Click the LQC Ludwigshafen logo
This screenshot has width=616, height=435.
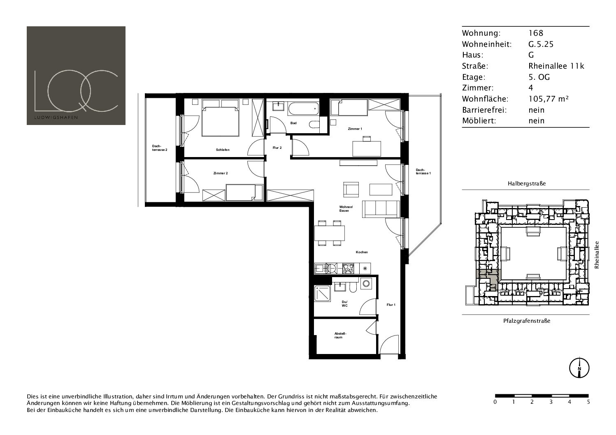76,76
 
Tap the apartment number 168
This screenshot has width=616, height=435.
536,33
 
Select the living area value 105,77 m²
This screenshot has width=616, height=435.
549,99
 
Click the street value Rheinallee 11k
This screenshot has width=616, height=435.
556,66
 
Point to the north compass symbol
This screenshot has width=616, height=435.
579,368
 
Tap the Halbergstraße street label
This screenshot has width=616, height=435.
527,183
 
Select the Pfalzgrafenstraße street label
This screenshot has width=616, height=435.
527,321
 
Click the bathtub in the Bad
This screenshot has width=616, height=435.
303,109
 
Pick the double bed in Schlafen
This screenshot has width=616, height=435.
220,118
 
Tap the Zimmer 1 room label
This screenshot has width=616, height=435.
355,129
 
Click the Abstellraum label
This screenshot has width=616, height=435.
340,336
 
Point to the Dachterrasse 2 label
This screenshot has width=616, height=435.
160,148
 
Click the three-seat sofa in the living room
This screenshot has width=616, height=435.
381,209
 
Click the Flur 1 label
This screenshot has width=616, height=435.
391,305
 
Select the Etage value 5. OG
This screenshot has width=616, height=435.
539,77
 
